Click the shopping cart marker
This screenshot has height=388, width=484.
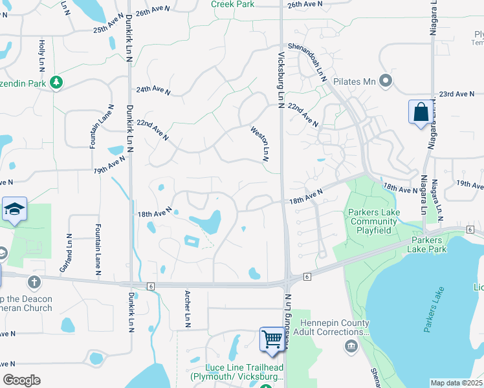coord(272,339)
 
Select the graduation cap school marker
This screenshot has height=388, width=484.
coord(14,209)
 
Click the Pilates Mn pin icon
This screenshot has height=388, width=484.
coord(386,81)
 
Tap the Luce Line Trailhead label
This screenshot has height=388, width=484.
coord(237,372)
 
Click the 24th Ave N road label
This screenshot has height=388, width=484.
coord(153,91)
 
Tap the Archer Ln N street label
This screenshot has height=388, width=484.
coord(186,309)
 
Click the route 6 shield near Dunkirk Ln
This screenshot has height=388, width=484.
coord(150,286)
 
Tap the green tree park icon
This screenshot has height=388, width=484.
coord(58,82)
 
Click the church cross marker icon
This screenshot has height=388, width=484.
coord(34,282)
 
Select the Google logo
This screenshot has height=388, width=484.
coord(22,380)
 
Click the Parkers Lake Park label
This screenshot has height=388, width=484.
coord(428,244)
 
